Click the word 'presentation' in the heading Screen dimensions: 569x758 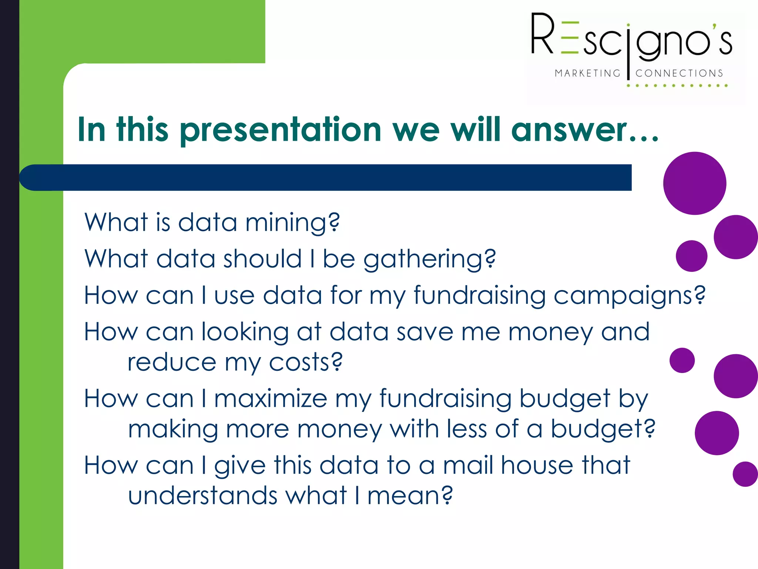281,130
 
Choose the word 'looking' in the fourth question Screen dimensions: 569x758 245,332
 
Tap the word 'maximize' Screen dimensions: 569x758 271,399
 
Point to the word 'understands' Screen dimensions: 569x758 202,496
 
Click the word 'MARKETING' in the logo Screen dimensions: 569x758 587,73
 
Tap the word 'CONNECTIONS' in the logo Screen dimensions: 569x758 679,73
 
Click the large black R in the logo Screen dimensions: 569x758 542,34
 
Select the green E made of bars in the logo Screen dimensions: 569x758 570,38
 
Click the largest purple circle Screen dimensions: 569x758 694,183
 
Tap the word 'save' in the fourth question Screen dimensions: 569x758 425,332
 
